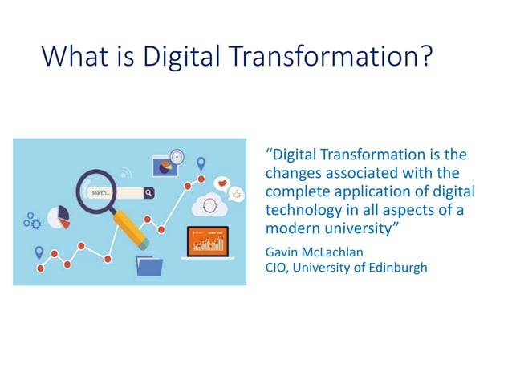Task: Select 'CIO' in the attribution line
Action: click(275, 268)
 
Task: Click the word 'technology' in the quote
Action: click(304, 209)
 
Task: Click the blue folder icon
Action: click(150, 264)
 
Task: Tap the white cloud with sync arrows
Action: click(210, 207)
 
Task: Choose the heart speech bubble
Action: click(222, 183)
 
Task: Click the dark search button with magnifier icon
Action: click(148, 193)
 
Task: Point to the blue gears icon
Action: click(32, 220)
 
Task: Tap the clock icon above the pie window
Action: click(177, 156)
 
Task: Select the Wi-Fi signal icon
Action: click(126, 172)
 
